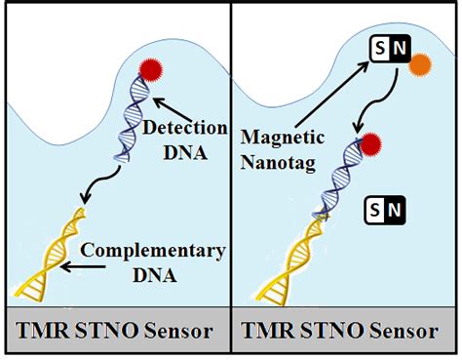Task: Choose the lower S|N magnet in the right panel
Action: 388,208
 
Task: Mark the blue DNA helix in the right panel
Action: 336,180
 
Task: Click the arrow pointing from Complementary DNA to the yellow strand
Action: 73,264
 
